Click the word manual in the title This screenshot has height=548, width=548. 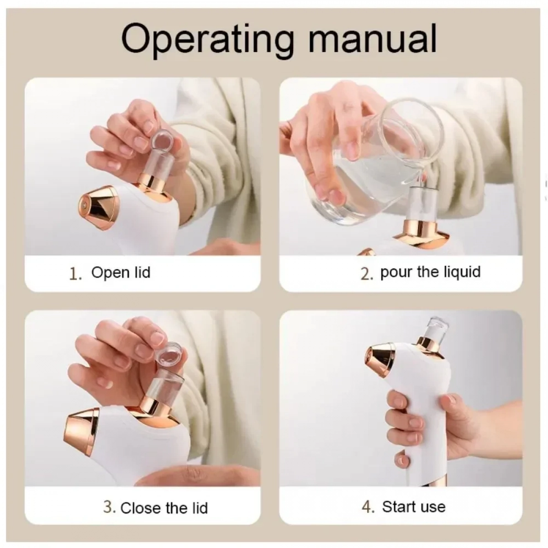tap(372, 38)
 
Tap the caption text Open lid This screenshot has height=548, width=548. tap(121, 273)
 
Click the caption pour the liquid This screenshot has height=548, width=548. tap(430, 272)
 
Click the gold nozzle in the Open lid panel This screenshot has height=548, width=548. tap(98, 204)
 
